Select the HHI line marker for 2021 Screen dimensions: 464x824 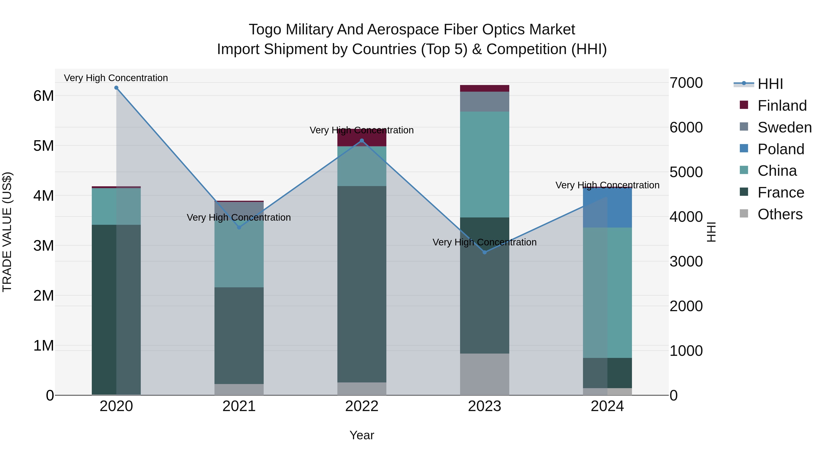[x=239, y=227]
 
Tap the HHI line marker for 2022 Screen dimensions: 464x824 [x=362, y=141]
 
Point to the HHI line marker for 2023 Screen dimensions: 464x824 [x=485, y=252]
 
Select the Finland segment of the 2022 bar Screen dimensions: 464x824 [x=362, y=138]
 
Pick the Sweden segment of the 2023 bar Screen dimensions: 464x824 [x=485, y=102]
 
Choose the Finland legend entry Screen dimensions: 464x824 [x=782, y=106]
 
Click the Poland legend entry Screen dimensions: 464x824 [x=781, y=149]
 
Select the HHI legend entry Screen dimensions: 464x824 [x=770, y=84]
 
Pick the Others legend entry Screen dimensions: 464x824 [x=780, y=214]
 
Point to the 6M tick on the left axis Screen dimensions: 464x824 [x=43, y=96]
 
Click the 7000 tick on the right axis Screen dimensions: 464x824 [x=686, y=83]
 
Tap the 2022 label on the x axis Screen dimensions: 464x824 [x=362, y=406]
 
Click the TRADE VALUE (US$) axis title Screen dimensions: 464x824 [x=7, y=232]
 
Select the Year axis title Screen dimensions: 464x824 [x=362, y=435]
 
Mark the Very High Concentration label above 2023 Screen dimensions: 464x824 [x=485, y=242]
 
